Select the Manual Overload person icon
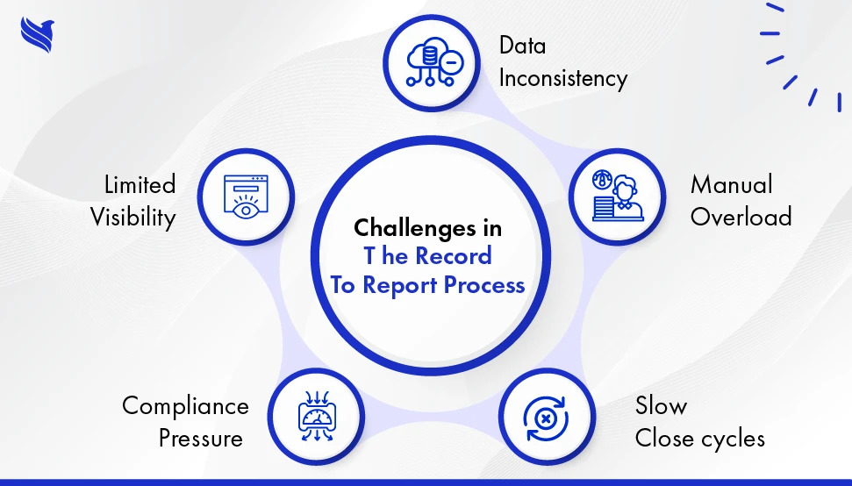617,195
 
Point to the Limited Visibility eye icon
246,196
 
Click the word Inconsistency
562,78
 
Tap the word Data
523,45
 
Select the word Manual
731,185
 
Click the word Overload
741,217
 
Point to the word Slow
661,406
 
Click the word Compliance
185,406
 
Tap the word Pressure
201,437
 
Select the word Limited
140,185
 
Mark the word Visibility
133,217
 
